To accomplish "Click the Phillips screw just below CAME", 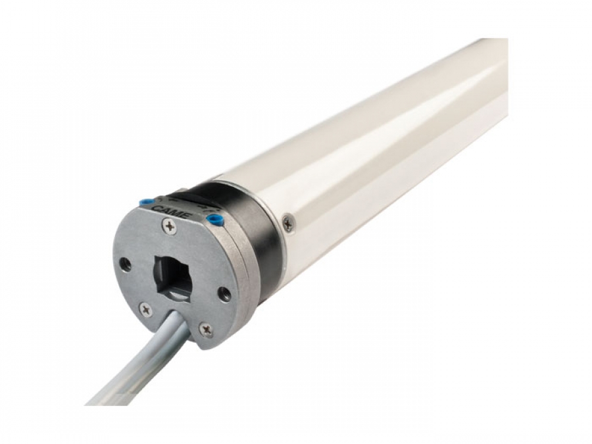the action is pyautogui.click(x=170, y=227).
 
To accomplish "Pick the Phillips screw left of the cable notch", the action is pyautogui.click(x=145, y=310).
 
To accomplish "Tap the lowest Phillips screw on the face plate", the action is pyautogui.click(x=206, y=330).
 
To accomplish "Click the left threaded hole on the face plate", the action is pyautogui.click(x=125, y=265).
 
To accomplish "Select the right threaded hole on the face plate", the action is pyautogui.click(x=225, y=293).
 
